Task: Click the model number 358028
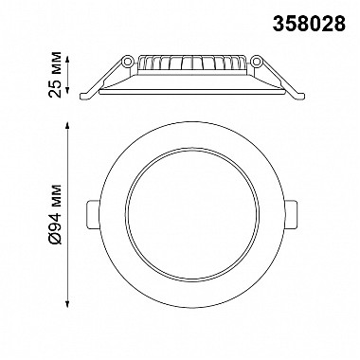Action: [309, 24]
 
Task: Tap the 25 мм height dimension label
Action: [55, 74]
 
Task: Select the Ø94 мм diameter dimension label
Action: [56, 215]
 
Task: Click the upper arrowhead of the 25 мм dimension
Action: [66, 59]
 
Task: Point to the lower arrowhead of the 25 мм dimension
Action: [66, 90]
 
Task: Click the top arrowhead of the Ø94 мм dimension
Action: [66, 125]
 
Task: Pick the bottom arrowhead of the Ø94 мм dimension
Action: [66, 304]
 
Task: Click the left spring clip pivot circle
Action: [128, 61]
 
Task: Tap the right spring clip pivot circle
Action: [257, 61]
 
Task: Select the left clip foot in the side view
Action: [87, 97]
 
